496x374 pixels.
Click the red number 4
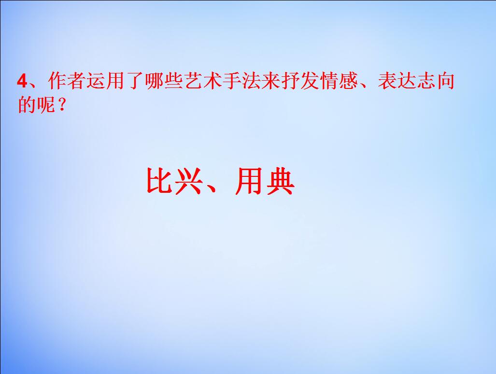point(21,81)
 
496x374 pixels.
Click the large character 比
point(159,181)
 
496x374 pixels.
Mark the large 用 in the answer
point(249,181)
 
